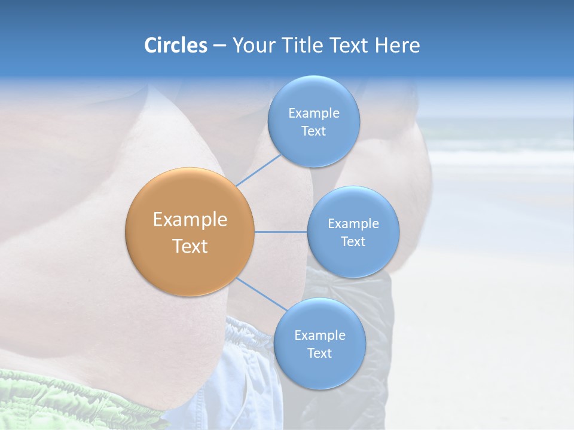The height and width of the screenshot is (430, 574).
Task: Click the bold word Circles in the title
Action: (x=175, y=45)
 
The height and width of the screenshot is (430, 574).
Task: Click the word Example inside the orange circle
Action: (x=190, y=220)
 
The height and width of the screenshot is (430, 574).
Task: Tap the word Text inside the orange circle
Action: (x=190, y=246)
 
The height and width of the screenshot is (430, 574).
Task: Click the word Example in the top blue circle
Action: (x=313, y=113)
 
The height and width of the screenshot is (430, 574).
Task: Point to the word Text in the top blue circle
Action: (x=313, y=131)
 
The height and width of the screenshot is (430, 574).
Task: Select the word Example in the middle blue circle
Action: (x=353, y=224)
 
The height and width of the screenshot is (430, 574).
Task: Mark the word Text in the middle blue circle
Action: (x=353, y=242)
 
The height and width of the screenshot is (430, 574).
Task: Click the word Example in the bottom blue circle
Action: (x=319, y=336)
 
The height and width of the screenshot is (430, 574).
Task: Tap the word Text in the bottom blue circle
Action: (x=319, y=354)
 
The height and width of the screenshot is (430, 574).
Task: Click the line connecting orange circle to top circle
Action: (x=259, y=170)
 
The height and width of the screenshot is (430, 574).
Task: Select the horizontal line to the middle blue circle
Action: (x=281, y=231)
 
